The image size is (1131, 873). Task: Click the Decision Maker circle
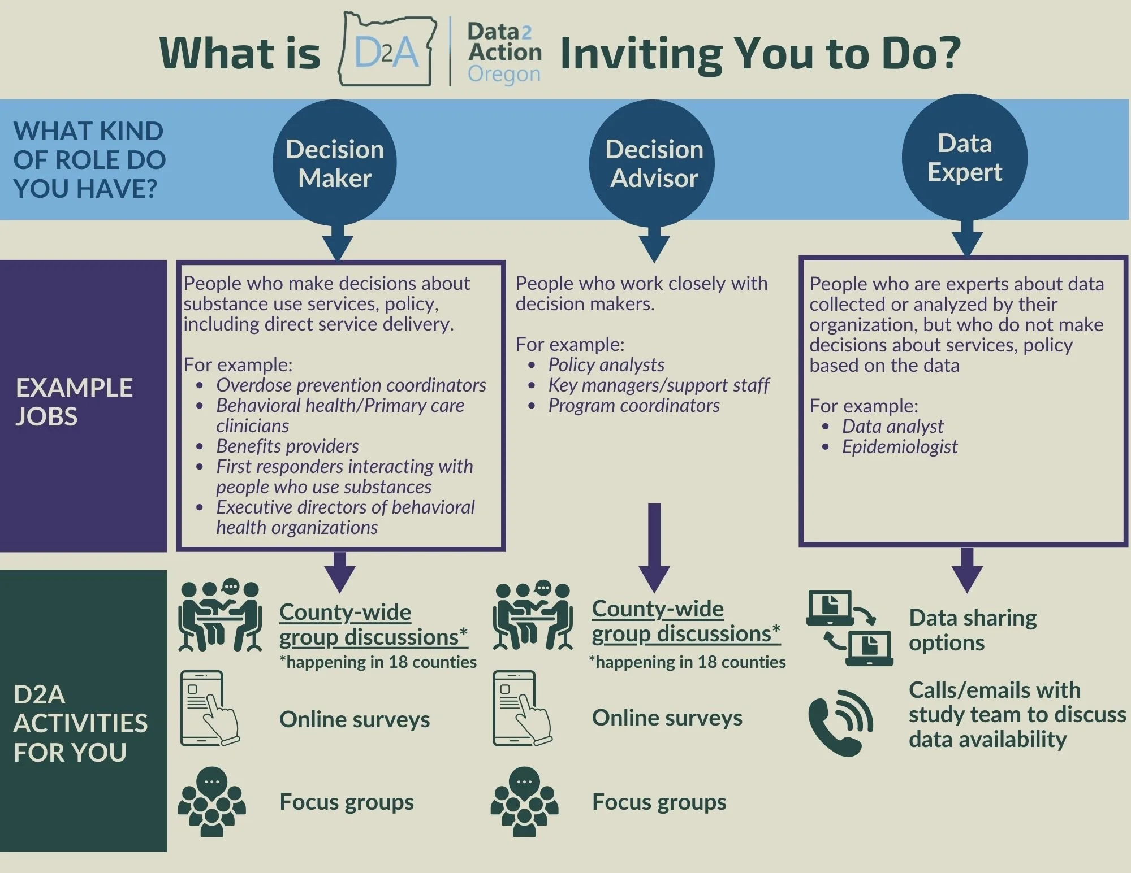(335, 163)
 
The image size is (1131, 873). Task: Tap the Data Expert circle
(964, 157)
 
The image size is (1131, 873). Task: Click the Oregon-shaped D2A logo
(387, 51)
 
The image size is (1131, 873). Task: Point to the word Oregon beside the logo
(504, 74)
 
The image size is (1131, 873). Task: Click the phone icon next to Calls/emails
(840, 723)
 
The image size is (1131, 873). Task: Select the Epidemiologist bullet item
(899, 447)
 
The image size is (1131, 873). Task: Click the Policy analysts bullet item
(606, 365)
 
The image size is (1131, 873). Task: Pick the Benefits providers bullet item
(287, 446)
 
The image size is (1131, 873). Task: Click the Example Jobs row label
(74, 402)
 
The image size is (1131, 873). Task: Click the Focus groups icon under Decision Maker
(211, 802)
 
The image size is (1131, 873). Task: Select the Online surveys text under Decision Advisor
(667, 718)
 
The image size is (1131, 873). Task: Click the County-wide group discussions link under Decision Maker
(373, 624)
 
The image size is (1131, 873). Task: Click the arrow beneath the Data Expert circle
(967, 237)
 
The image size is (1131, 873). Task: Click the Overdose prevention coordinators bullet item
(351, 385)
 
